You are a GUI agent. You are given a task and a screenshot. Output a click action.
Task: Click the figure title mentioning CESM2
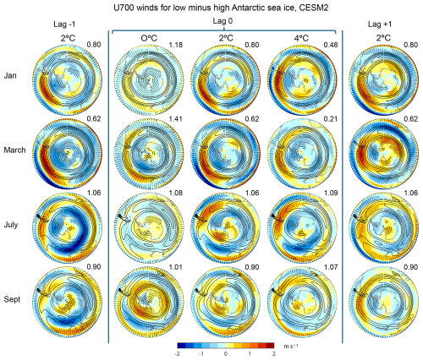(x=211, y=8)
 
